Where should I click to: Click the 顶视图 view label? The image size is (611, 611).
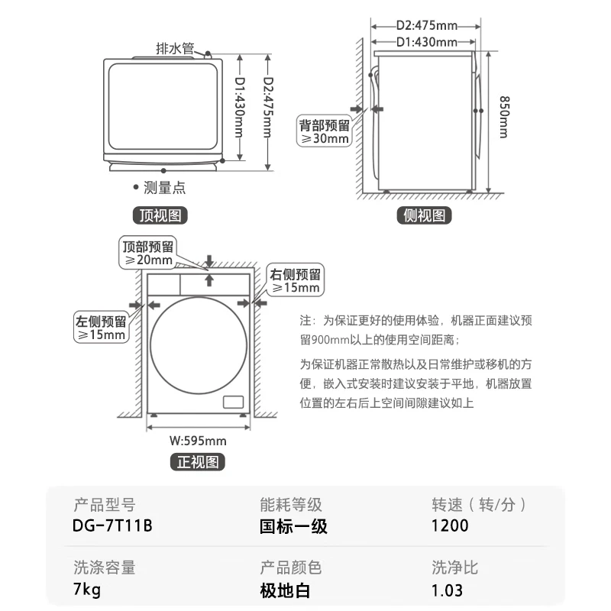[x=159, y=215]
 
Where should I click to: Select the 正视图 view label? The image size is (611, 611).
[x=198, y=461]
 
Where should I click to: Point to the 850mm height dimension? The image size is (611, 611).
[x=503, y=116]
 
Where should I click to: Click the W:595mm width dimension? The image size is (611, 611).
[x=198, y=441]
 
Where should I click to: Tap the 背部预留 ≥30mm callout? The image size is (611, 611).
[x=324, y=132]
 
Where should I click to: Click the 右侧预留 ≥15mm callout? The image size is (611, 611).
[x=295, y=281]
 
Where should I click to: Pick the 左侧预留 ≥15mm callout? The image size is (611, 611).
[x=100, y=327]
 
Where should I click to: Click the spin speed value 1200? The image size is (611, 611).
[x=450, y=525]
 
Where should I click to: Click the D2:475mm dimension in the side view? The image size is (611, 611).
[x=425, y=25]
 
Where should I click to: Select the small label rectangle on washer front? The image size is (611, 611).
[x=232, y=402]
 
